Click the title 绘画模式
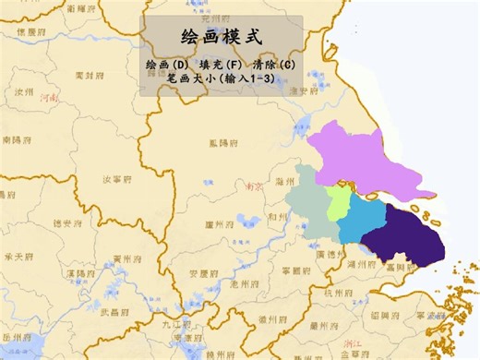222,38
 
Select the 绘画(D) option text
167,66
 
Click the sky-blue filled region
365,220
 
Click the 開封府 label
91,75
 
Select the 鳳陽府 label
225,143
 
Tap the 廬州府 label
222,223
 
